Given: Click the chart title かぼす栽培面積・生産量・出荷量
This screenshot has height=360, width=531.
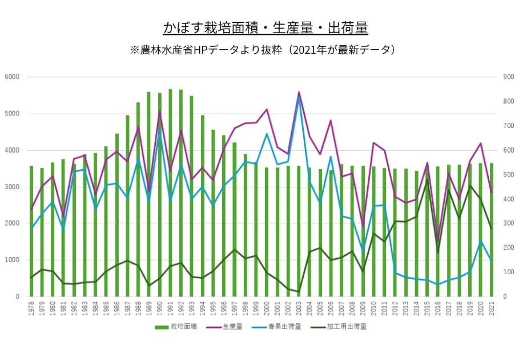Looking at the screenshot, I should click(265, 27).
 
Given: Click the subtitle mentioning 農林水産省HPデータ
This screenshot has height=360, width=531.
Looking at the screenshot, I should click(265, 50).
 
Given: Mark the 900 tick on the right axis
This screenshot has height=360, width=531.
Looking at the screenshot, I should click(507, 77).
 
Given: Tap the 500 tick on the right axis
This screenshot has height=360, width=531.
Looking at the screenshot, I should click(507, 175).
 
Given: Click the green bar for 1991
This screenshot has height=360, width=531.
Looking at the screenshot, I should click(170, 194).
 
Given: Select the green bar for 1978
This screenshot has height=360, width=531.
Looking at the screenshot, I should click(31, 231).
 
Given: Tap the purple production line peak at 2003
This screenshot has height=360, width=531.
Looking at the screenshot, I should click(299, 92).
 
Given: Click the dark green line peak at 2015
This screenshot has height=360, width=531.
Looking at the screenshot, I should click(427, 179).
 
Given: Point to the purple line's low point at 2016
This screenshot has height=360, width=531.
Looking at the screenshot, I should click(438, 241).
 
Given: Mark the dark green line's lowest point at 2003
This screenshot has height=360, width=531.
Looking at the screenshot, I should click(299, 292).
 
